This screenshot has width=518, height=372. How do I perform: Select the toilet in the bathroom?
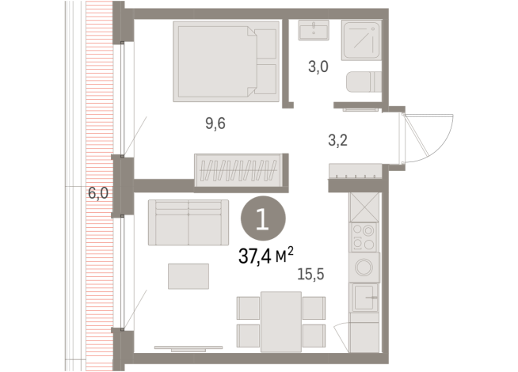pyautogui.click(x=364, y=82)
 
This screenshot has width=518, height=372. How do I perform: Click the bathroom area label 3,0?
pyautogui.click(x=318, y=68)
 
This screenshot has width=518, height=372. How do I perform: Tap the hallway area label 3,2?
pyautogui.click(x=338, y=142)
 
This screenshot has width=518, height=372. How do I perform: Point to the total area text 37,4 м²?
pyautogui.click(x=265, y=254)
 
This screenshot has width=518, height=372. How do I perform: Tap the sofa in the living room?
pyautogui.click(x=189, y=223)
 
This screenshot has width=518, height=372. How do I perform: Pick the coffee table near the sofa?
pyautogui.click(x=189, y=276)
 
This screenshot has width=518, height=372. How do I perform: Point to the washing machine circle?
pyautogui.click(x=366, y=268)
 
